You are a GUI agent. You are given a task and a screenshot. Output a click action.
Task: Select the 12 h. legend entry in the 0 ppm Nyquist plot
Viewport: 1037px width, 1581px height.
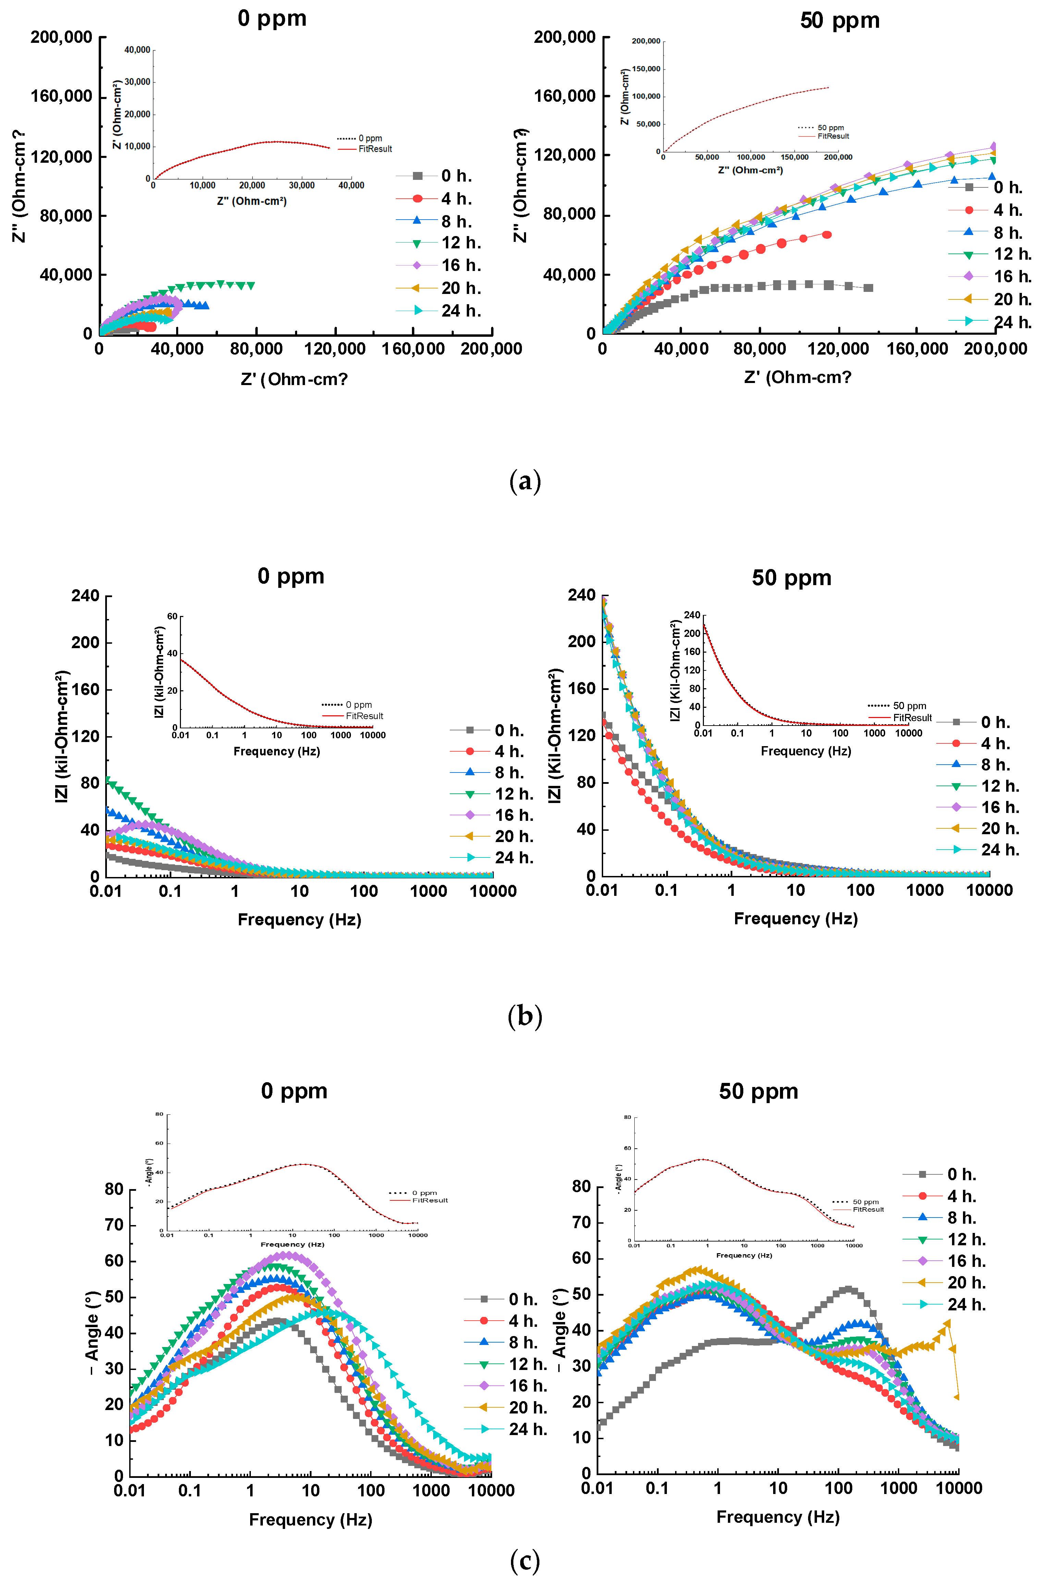(460, 243)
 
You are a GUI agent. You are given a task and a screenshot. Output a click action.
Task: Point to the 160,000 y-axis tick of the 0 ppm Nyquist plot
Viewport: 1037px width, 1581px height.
(61, 97)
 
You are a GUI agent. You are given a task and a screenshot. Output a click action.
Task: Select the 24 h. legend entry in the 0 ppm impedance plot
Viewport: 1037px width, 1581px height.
(513, 857)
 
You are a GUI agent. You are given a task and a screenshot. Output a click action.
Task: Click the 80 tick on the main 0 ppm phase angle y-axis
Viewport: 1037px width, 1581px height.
(114, 1189)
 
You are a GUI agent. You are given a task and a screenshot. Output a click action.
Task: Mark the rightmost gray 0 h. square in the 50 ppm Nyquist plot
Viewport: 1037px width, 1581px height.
(868, 288)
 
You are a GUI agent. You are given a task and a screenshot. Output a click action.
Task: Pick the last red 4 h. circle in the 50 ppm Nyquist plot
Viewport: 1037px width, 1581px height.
(826, 234)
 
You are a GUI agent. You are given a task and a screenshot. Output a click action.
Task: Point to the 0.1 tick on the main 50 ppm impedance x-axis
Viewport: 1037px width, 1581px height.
(666, 890)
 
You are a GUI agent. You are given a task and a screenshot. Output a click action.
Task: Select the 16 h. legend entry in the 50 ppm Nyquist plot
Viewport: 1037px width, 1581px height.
(1012, 276)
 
